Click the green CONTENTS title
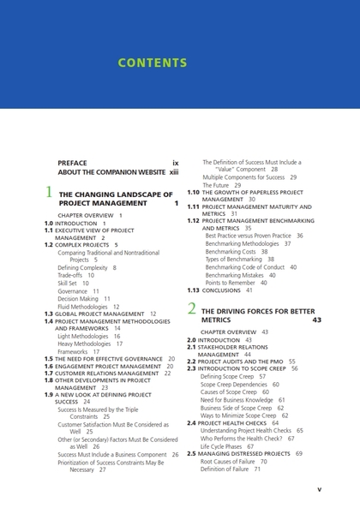[152, 63]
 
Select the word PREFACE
[72, 162]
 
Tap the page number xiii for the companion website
[174, 170]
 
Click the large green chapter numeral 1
[49, 194]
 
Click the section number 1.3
[49, 314]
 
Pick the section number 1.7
[49, 374]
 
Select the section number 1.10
[193, 193]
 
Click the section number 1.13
[193, 290]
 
